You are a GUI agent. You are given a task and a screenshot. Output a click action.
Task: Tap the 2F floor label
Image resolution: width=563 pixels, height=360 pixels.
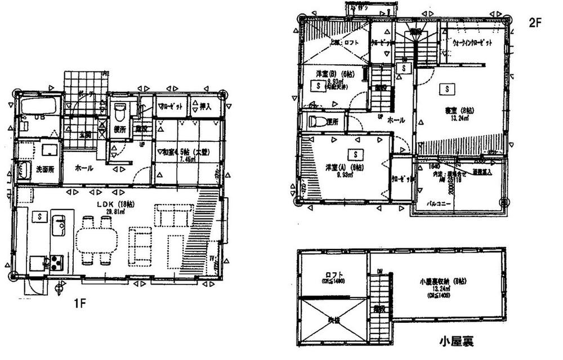(x=535, y=23)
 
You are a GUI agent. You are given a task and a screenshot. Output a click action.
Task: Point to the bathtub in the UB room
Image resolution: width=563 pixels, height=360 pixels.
(x=39, y=106)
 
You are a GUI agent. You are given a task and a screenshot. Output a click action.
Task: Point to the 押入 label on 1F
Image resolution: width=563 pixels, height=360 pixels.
(x=205, y=105)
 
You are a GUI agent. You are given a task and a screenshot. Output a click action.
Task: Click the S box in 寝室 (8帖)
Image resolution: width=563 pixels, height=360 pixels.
(x=446, y=89)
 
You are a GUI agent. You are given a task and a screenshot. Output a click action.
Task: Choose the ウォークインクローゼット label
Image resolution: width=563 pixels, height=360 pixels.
(x=473, y=43)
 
